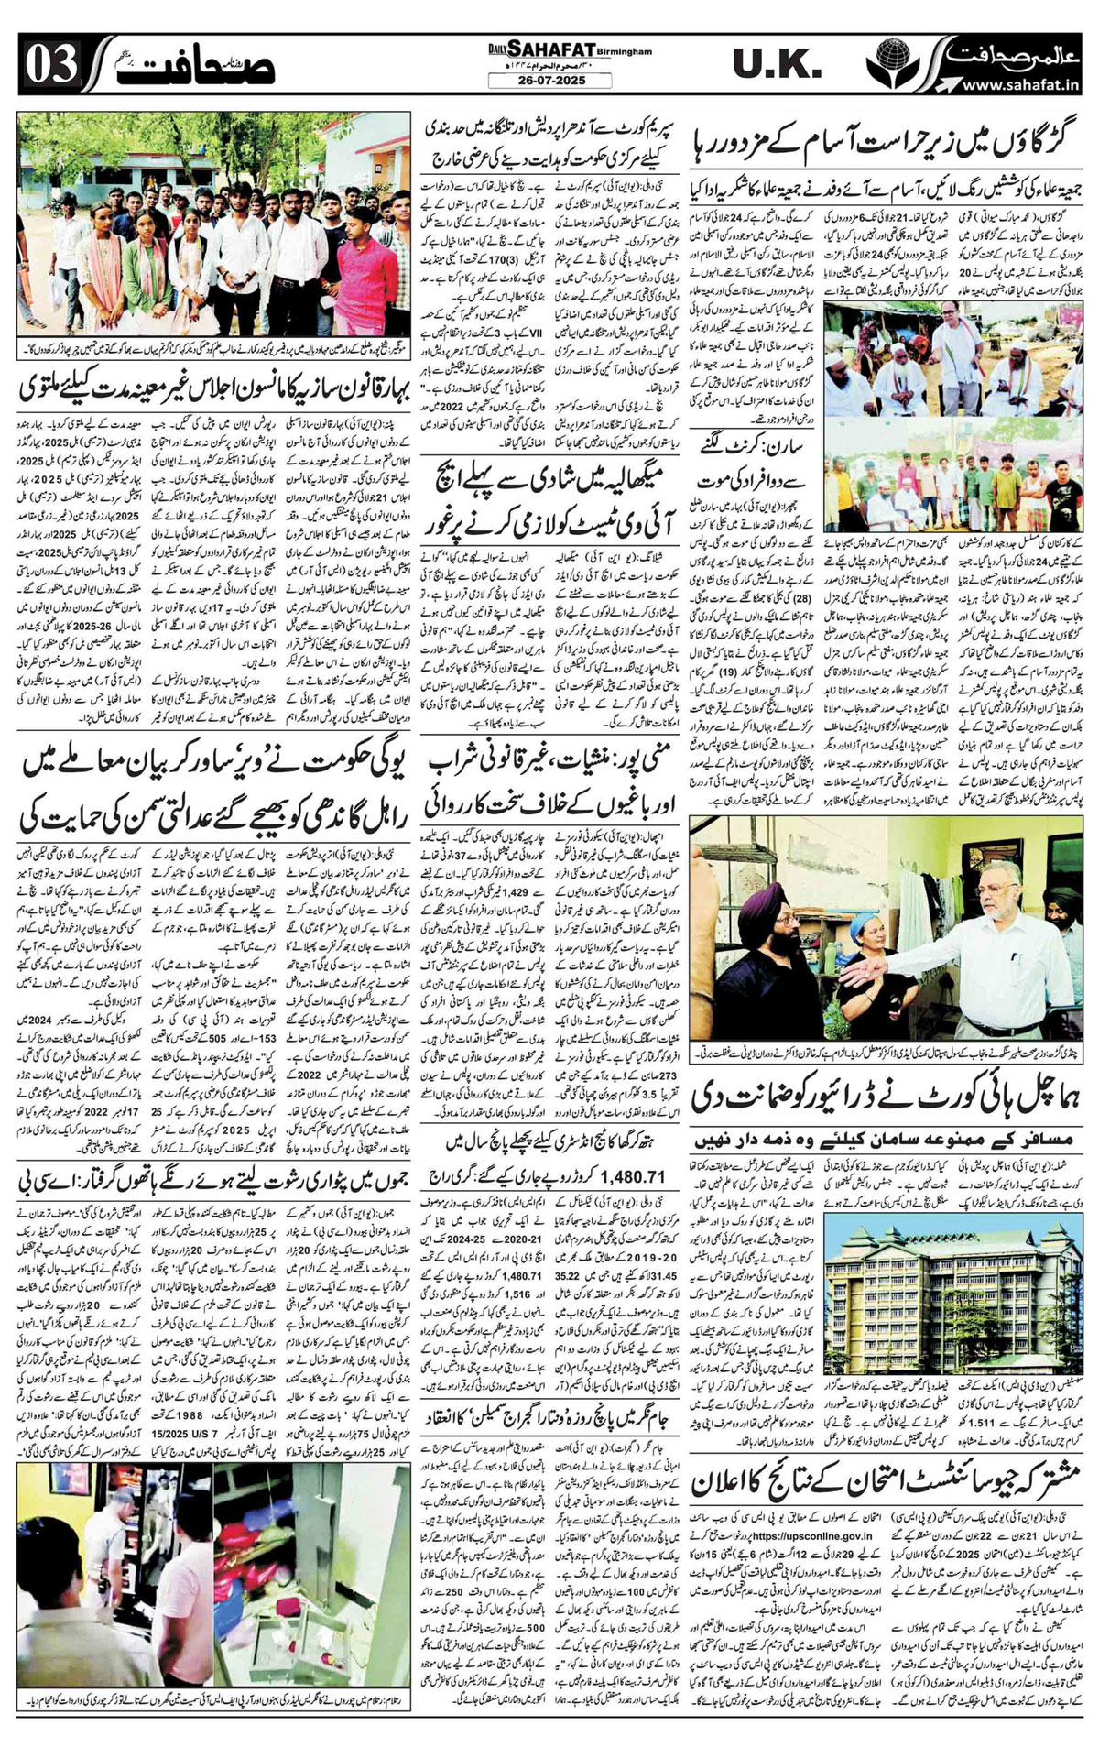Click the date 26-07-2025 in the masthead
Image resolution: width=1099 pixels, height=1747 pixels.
549,81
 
